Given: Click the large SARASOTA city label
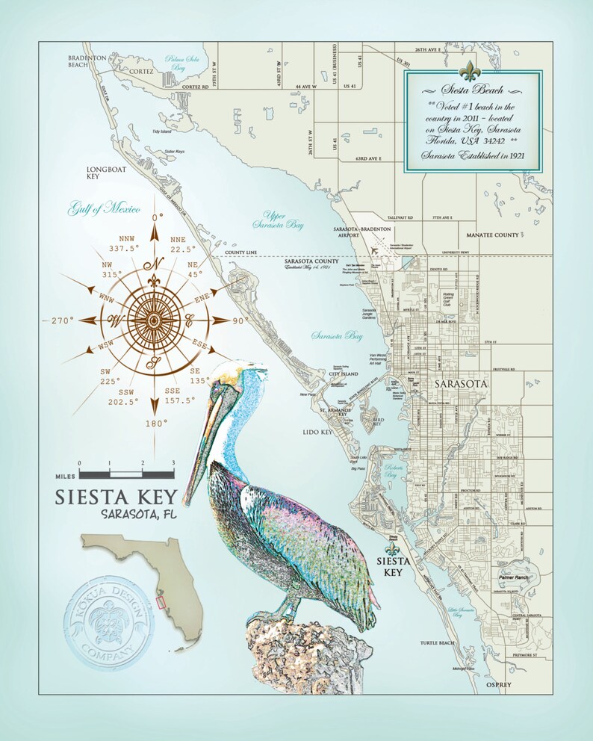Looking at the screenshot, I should click(460, 383).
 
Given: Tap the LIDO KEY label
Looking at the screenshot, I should click(317, 432).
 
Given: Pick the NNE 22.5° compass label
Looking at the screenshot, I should click(179, 244).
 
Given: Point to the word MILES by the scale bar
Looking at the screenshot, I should click(65, 474).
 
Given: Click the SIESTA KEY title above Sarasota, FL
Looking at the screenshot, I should click(117, 497).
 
